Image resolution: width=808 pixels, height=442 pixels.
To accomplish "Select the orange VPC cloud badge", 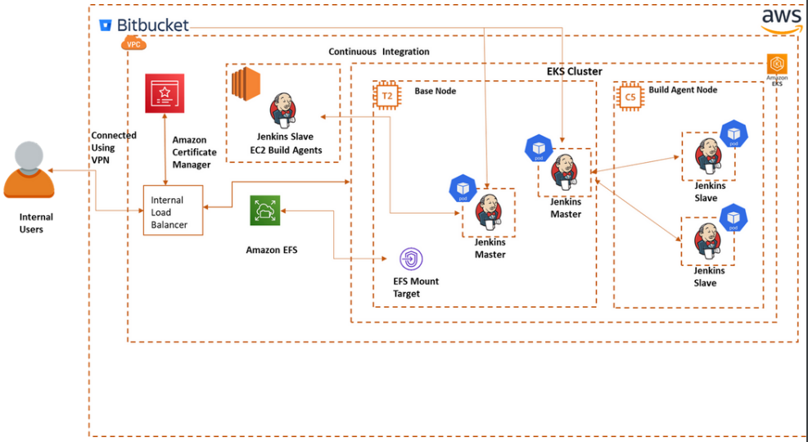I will click(x=133, y=43).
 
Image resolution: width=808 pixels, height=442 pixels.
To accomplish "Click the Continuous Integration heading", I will click(x=379, y=52).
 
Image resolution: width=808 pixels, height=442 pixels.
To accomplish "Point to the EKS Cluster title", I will click(x=574, y=71).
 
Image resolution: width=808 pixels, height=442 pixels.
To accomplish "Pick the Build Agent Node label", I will click(x=683, y=90).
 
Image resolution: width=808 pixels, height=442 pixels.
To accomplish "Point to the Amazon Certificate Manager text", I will click(x=194, y=152).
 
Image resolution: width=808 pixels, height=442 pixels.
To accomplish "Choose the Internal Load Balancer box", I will click(x=172, y=211).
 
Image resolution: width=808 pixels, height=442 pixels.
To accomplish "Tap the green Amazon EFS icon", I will click(x=265, y=210).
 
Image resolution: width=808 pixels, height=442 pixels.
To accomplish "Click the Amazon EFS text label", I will click(x=271, y=250).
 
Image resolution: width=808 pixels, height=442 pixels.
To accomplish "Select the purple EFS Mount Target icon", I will click(x=410, y=259).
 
